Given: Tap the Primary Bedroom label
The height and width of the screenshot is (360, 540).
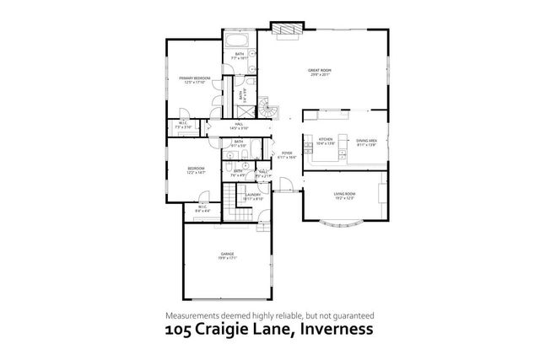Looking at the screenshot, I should pos(193,78).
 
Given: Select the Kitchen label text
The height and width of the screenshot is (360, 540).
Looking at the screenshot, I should pos(325,140).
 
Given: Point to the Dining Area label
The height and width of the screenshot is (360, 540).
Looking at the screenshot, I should pos(365,140).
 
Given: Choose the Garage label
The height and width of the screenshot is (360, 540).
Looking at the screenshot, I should pos(227,253).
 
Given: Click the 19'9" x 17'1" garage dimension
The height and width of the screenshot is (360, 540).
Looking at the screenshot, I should pos(227,258).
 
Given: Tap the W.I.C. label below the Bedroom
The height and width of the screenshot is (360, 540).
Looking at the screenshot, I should pos(202,207).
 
